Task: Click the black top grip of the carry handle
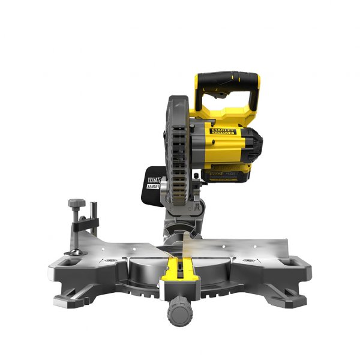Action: tap(227, 79)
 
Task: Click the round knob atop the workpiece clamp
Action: tap(76, 203)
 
